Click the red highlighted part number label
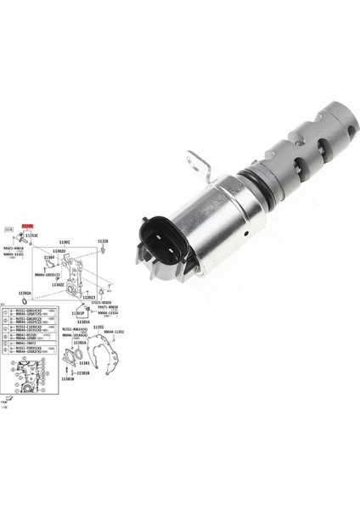tap(26, 227)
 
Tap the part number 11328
tap(102, 242)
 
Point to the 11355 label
tap(98, 327)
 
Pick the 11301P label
tap(79, 312)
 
